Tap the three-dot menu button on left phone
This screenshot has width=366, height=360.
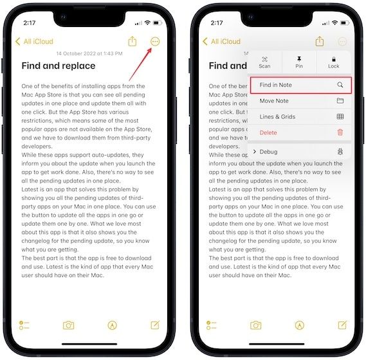pos(154,41)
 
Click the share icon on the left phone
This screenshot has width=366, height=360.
pos(133,41)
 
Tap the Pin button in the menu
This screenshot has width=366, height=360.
pos(299,62)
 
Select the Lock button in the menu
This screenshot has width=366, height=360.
pos(333,62)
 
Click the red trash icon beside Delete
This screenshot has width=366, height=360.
pos(340,132)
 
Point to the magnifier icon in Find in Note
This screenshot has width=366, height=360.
pos(340,85)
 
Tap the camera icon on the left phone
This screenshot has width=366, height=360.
pos(68,325)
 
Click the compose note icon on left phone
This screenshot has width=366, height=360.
pos(155,325)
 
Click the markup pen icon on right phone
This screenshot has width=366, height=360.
pos(299,325)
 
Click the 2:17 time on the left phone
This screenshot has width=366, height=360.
pos(29,22)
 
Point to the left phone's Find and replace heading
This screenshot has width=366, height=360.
pos(58,66)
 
